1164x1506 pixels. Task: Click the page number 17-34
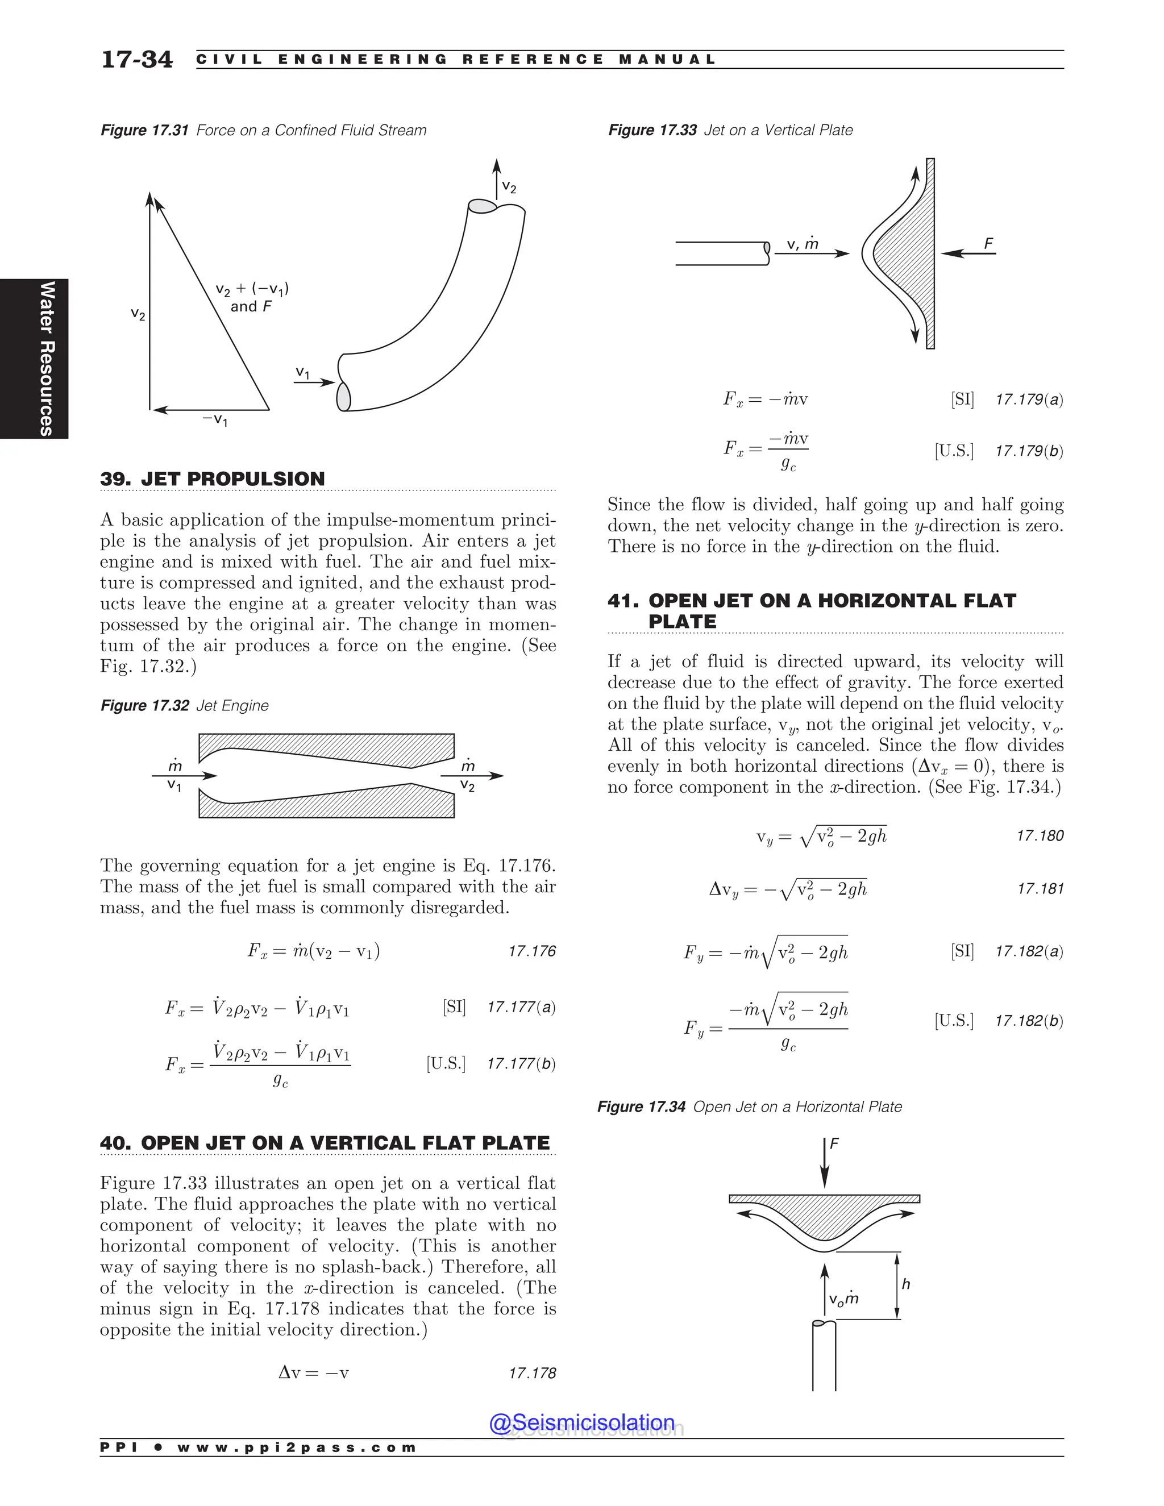coord(136,59)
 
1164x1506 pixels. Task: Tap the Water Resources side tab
coord(46,358)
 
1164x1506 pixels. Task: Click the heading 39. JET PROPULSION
coord(213,479)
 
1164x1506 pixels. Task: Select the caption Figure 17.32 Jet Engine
coord(184,705)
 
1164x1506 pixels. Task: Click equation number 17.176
coord(531,951)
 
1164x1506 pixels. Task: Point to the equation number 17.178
coord(531,1373)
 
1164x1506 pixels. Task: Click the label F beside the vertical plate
coord(988,243)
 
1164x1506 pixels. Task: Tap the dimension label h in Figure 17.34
coord(905,1284)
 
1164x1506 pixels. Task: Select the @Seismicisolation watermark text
coord(581,1422)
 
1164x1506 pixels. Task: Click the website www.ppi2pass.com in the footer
coord(297,1447)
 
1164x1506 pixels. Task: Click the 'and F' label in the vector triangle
coord(251,306)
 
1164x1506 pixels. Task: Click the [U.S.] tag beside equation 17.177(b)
coord(446,1063)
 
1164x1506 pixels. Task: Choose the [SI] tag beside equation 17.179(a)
coord(962,398)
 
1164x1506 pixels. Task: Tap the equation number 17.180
coord(1040,836)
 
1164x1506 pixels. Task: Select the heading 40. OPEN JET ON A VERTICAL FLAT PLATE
coord(325,1143)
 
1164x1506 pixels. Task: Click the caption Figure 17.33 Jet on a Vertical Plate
coord(730,130)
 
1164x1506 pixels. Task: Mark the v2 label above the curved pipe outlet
coord(509,187)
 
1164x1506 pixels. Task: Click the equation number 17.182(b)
coord(1029,1021)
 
